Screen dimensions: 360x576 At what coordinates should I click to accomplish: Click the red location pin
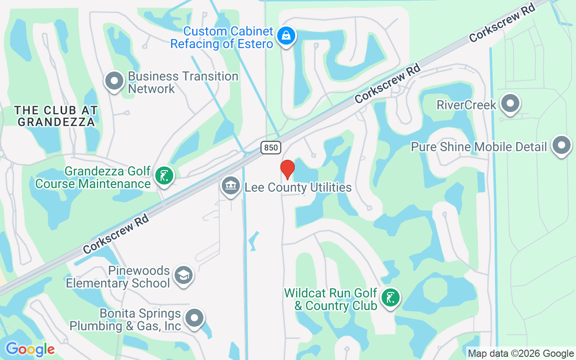click(x=287, y=169)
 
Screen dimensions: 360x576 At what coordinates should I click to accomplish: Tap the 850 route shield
click(x=270, y=147)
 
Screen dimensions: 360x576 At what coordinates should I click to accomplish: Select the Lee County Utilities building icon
click(x=231, y=185)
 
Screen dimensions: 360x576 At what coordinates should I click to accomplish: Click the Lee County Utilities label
click(x=298, y=187)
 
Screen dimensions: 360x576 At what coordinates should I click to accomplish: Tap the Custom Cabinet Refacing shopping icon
click(x=286, y=36)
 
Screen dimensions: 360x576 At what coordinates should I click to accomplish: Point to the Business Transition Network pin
click(x=114, y=81)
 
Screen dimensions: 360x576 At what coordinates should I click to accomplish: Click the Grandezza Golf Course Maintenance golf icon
click(x=164, y=175)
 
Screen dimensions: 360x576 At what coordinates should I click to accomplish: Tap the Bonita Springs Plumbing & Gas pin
click(x=194, y=318)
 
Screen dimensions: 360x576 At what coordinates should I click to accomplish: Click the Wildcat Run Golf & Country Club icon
click(x=390, y=297)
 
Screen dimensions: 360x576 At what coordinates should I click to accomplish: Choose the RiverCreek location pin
click(x=510, y=103)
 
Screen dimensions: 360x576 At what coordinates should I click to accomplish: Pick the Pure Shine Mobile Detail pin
click(x=561, y=145)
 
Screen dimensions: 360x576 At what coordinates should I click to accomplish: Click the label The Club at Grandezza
click(x=56, y=116)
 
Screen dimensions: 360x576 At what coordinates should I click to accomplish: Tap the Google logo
click(x=30, y=349)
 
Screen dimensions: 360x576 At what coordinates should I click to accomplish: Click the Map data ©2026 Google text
click(x=521, y=354)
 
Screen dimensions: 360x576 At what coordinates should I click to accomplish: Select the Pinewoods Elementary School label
click(x=118, y=277)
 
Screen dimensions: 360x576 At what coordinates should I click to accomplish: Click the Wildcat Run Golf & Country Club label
click(x=330, y=299)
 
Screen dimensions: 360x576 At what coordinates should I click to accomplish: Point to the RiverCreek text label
click(x=466, y=105)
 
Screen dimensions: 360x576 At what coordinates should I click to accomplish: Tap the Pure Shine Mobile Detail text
click(x=479, y=147)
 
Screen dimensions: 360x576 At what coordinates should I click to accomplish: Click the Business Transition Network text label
click(x=183, y=82)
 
